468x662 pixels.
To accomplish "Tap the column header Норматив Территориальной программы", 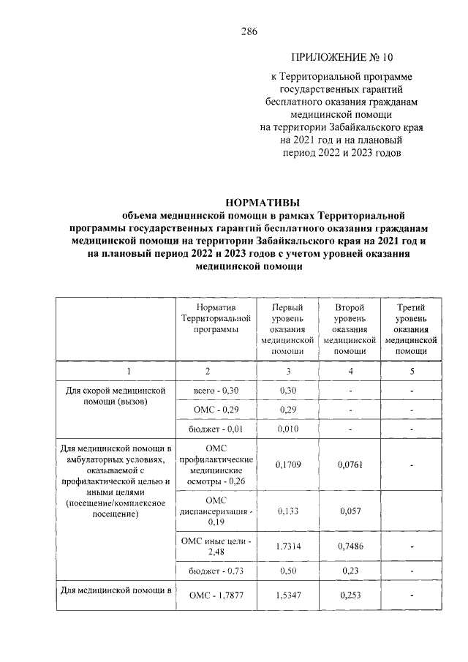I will coord(216,319).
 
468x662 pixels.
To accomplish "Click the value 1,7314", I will coord(287,546).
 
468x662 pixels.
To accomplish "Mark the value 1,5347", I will coord(287,596).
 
